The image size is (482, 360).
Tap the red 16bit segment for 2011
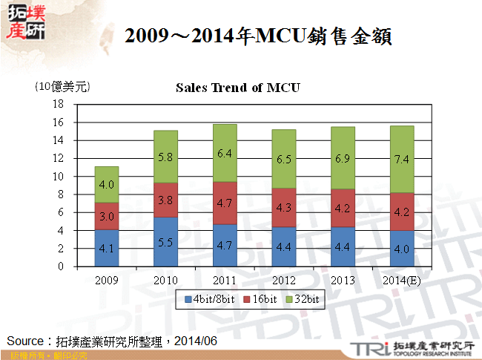pos(224,203)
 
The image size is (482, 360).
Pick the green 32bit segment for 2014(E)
pos(402,160)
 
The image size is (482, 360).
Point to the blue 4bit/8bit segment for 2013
pos(343,246)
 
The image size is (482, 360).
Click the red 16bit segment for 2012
pos(283,207)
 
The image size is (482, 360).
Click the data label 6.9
pos(343,160)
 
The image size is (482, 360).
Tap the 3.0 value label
pos(107,216)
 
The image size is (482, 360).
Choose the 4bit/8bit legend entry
pos(210,299)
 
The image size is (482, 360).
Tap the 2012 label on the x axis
pos(283,281)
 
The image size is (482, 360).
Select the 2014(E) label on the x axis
pos(402,281)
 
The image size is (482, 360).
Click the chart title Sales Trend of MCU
pos(237,88)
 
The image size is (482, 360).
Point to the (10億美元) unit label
pos(62,87)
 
